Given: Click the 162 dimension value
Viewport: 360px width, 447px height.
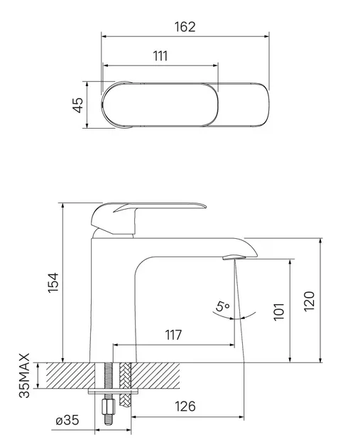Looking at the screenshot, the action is [x=185, y=26].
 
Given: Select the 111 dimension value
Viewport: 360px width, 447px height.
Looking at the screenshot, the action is [x=160, y=56].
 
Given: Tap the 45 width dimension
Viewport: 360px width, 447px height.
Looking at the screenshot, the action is [x=77, y=105].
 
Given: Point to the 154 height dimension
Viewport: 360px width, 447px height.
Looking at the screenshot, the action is [x=53, y=282].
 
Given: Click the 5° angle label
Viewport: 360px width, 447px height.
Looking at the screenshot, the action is [x=222, y=306].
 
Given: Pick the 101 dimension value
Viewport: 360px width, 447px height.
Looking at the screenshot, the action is [x=279, y=311].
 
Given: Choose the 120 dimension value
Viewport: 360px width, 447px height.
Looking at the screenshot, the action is [x=310, y=301].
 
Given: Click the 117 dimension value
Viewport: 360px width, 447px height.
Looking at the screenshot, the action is [x=173, y=335].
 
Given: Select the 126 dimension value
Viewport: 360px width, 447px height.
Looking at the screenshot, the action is [x=185, y=406].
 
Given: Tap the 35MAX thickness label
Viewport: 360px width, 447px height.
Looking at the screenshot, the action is [x=24, y=375].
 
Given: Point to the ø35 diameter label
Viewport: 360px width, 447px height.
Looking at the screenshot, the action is [x=67, y=420].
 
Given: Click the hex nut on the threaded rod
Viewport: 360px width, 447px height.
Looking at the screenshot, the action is [x=108, y=407].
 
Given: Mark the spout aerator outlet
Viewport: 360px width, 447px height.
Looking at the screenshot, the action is [x=234, y=257].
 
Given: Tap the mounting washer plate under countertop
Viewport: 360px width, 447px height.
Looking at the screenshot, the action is [x=114, y=392].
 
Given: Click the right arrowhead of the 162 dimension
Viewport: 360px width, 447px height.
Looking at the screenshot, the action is [x=266, y=36].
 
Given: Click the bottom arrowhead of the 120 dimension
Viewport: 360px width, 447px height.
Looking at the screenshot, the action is [x=320, y=360].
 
